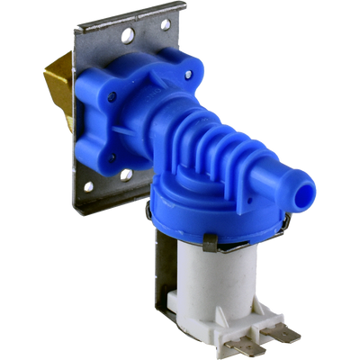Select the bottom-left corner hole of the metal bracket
pos(89,188)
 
